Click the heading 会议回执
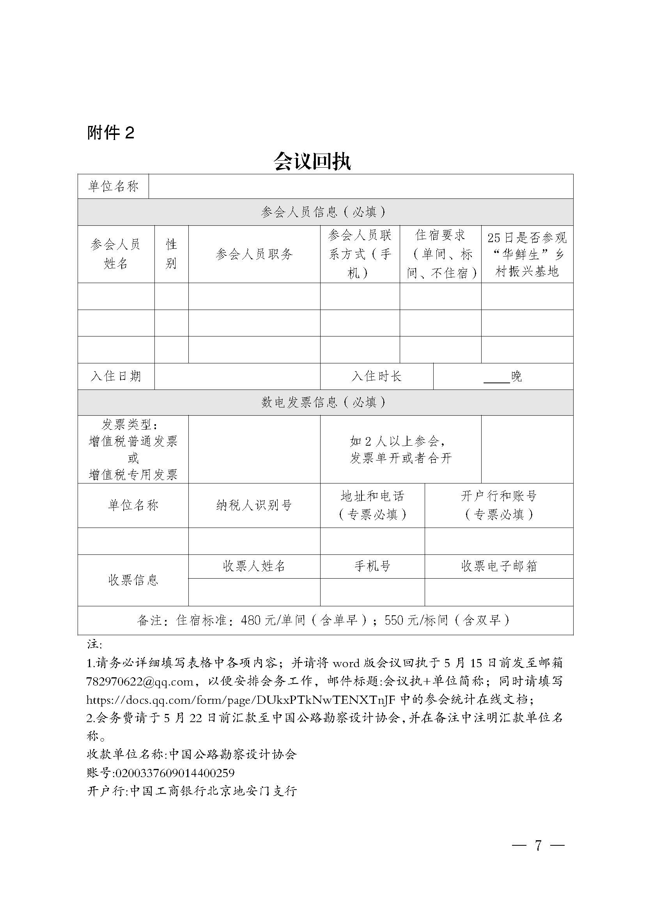click(312, 161)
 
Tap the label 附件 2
click(110, 133)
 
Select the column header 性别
click(171, 254)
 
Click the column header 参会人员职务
click(254, 254)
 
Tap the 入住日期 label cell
click(115, 376)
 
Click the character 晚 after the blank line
click(516, 376)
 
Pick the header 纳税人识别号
click(254, 505)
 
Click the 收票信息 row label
click(133, 580)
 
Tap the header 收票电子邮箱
click(499, 566)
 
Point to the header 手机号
click(372, 566)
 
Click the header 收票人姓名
click(254, 566)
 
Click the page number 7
click(538, 846)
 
